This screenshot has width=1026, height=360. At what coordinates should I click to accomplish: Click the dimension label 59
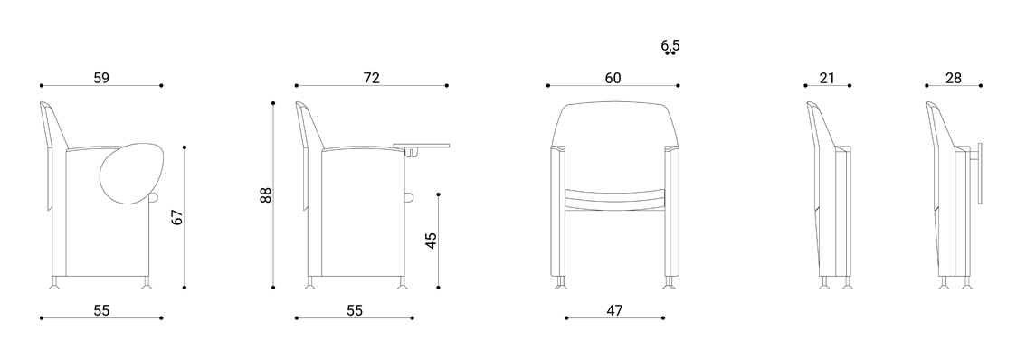pos(100,78)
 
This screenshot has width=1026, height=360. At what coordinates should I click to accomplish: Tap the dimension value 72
pos(371,78)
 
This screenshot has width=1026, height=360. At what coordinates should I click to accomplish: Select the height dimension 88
pos(265,195)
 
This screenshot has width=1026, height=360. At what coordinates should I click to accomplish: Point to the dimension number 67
pos(177,217)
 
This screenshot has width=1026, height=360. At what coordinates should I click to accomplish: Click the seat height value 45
pos(431,241)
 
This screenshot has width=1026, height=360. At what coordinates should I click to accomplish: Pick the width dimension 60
pos(613,78)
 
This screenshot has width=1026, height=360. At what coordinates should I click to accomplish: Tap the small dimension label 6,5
pos(670,46)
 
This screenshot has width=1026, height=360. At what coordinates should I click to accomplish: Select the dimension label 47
pos(613,310)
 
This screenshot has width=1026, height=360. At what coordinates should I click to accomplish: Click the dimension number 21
pos(827,78)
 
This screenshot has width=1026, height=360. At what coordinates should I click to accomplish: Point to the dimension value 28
pos(954,78)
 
